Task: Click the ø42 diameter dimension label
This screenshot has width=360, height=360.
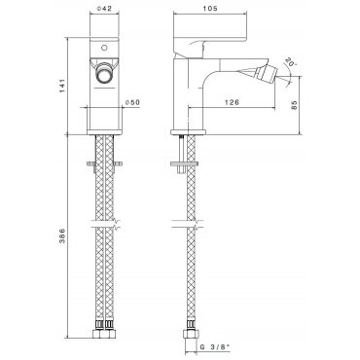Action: pyautogui.click(x=104, y=9)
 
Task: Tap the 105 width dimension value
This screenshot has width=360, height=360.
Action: pyautogui.click(x=210, y=9)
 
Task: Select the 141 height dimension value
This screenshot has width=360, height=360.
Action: pyautogui.click(x=62, y=86)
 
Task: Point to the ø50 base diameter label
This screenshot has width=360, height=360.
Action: pyautogui.click(x=132, y=102)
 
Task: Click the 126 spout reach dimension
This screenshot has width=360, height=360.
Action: pyautogui.click(x=233, y=102)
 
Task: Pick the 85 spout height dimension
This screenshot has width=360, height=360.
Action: pyautogui.click(x=294, y=105)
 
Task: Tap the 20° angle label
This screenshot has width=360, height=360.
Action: pyautogui.click(x=291, y=62)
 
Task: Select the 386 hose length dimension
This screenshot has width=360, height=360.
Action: pyautogui.click(x=62, y=235)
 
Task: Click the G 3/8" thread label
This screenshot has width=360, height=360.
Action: pyautogui.click(x=214, y=347)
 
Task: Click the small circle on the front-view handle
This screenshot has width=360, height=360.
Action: pyautogui.click(x=104, y=48)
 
